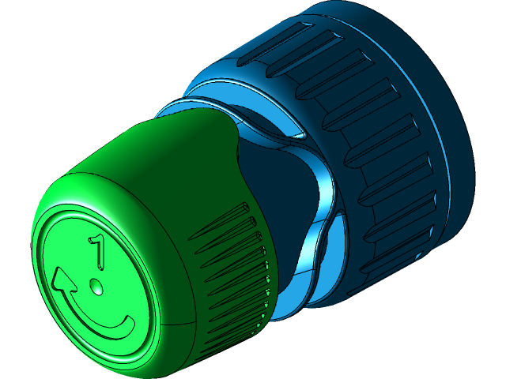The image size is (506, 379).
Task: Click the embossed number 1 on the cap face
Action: click(98, 250)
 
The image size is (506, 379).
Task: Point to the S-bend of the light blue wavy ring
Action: click(324, 189)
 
